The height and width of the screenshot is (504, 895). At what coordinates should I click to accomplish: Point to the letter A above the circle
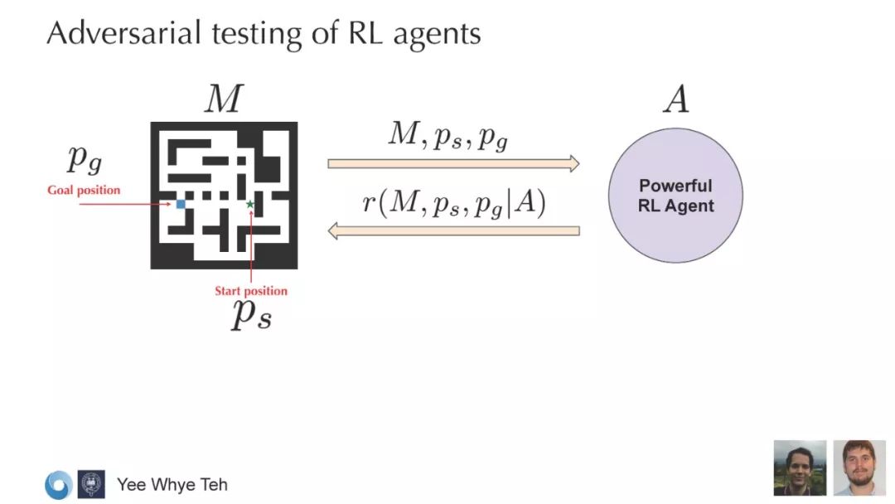675,100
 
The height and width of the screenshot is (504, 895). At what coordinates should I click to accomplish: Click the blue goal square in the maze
181,203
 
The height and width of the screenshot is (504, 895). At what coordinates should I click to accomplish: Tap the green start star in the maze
250,204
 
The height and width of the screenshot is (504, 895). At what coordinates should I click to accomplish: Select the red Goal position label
83,191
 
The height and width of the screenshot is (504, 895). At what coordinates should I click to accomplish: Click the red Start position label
251,291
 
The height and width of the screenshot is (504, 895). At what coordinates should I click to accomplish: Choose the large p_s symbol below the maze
251,315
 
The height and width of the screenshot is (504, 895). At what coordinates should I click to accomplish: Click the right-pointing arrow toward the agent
453,163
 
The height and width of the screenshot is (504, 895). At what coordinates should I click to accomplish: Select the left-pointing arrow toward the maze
453,230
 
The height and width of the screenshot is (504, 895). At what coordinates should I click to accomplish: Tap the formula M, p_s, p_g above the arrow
448,135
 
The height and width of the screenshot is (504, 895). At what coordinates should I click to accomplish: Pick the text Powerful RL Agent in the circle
675,196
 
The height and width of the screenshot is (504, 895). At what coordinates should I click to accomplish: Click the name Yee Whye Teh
172,484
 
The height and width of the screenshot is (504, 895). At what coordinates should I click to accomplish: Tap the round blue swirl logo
58,484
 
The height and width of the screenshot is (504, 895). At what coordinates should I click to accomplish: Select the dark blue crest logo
91,484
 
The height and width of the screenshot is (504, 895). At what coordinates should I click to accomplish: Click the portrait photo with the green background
800,468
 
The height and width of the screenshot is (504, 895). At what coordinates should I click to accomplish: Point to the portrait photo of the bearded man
859,468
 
